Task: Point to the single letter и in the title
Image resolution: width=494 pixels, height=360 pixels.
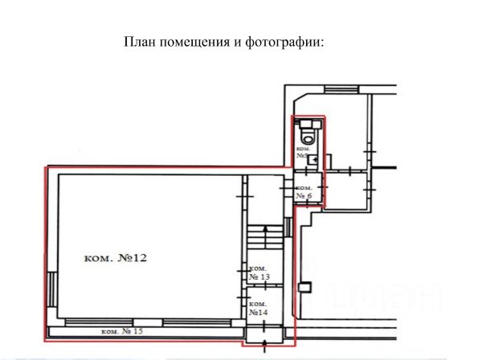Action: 237,42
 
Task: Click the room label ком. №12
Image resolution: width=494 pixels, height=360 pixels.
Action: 116,258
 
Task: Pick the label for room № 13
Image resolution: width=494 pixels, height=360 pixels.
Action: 260,272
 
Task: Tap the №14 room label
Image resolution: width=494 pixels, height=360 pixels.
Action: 259,308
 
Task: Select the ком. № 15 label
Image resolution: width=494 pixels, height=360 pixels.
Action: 122,332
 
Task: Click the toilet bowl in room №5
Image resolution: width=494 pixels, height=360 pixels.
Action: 306,129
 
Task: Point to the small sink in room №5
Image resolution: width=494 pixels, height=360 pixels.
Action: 313,159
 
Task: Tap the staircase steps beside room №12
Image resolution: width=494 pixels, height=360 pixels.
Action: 258,236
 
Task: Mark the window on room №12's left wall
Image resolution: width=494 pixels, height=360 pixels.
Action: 51,284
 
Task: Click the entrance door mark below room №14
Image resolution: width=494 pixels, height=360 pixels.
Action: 266,346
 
